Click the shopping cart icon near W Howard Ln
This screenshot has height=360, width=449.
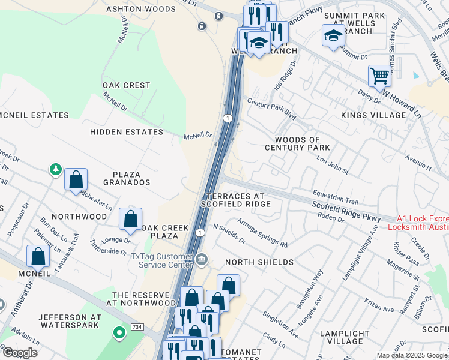click(379, 76)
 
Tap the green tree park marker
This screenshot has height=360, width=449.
click(56, 170)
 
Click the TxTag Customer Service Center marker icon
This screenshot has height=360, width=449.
click(202, 259)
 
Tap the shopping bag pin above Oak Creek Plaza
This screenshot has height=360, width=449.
click(130, 220)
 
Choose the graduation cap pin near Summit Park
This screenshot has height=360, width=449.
click(333, 36)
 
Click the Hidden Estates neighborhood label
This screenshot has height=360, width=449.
click(127, 132)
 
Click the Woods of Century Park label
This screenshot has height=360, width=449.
click(298, 143)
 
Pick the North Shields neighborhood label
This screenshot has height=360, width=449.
click(259, 262)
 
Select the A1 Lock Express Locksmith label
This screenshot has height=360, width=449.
click(418, 223)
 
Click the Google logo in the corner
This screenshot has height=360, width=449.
click(19, 353)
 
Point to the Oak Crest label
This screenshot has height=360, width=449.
click(126, 85)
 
